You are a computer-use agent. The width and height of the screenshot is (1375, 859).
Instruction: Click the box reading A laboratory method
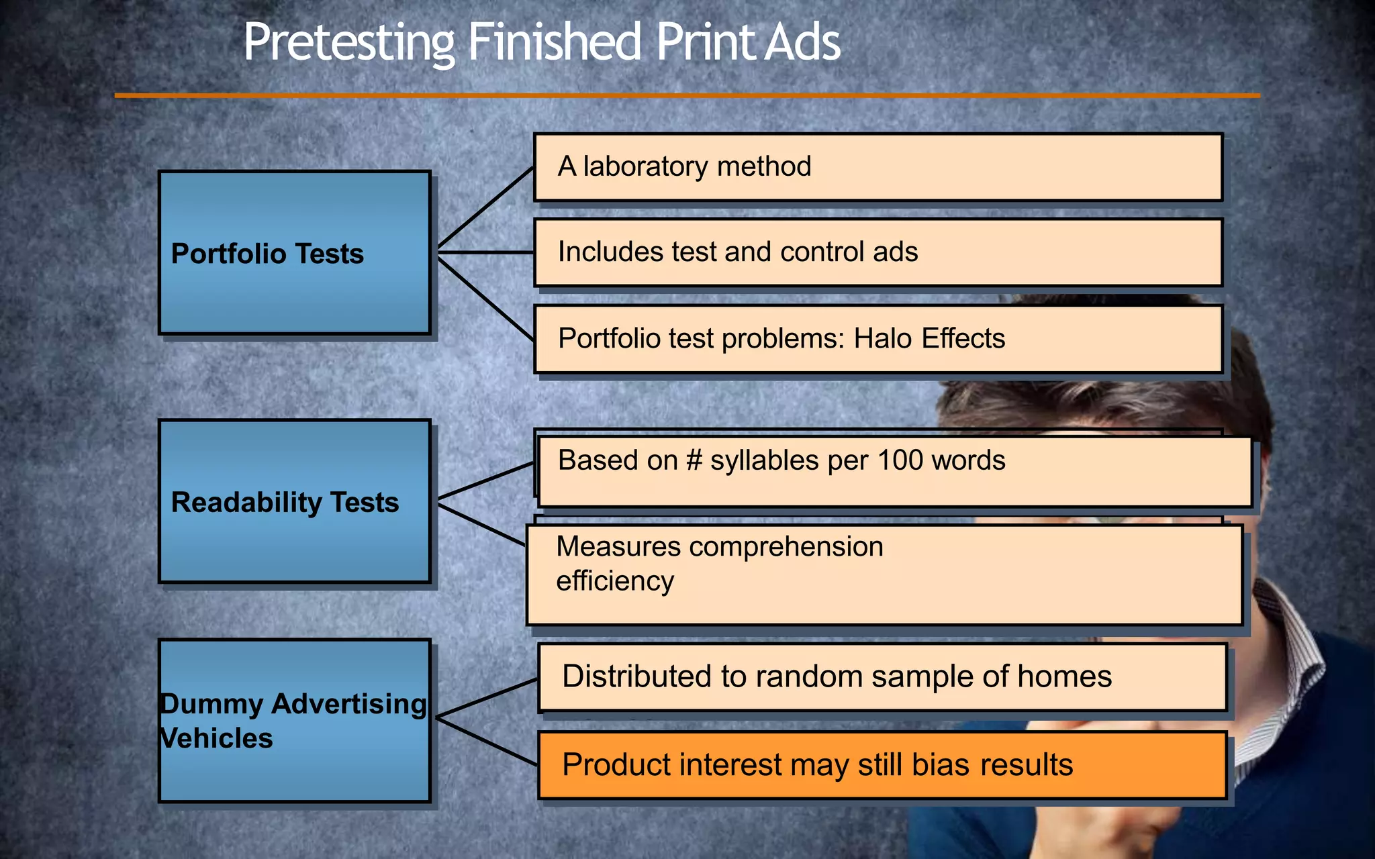pyautogui.click(x=878, y=167)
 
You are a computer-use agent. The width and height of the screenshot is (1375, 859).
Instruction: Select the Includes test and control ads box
pyautogui.click(x=878, y=252)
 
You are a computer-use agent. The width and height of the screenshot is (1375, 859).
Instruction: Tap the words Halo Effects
pyautogui.click(x=929, y=338)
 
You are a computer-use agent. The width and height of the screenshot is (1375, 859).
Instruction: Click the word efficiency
pyautogui.click(x=614, y=581)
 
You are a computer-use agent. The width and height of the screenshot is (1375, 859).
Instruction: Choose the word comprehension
pyautogui.click(x=786, y=547)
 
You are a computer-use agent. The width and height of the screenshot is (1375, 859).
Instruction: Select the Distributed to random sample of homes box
pyautogui.click(x=882, y=676)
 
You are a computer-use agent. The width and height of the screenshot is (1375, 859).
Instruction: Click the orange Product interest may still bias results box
pyautogui.click(x=882, y=765)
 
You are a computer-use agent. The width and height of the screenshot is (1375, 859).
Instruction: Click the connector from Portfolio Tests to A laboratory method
pyautogui.click(x=485, y=207)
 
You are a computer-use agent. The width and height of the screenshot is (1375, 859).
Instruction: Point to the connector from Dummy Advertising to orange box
pyautogui.click(x=486, y=742)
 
